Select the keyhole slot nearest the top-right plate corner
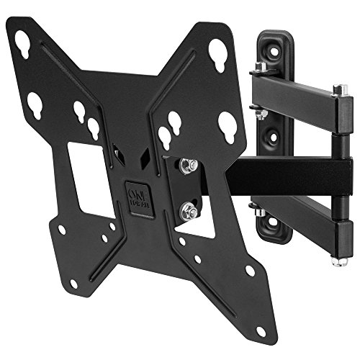[218, 52]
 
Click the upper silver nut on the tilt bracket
[189, 166]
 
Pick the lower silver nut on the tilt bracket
[189, 211]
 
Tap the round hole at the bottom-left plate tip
[63, 230]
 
